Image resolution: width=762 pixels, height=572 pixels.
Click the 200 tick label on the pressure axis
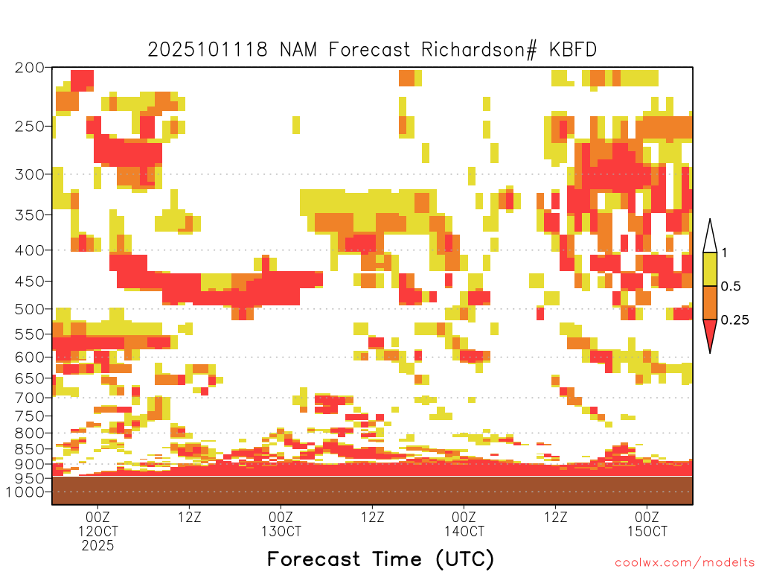(30, 68)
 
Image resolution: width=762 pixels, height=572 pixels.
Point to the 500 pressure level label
(30, 309)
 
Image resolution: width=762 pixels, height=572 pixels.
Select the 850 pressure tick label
(30, 449)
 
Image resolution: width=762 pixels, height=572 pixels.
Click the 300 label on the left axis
(30, 174)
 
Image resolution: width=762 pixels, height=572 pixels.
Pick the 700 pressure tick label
(30, 398)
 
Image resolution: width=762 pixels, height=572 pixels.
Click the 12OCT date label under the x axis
(97, 531)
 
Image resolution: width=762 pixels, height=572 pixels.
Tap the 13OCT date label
(281, 531)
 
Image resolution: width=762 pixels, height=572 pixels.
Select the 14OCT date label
(464, 531)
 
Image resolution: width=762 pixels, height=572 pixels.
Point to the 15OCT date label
(647, 531)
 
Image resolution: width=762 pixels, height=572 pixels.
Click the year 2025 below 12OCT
(97, 546)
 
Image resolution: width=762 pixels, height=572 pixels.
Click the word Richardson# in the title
(479, 50)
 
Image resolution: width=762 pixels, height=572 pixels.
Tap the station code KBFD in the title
(573, 50)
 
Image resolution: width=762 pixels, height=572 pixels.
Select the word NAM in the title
(298, 50)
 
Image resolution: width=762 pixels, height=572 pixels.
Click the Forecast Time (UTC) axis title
(380, 559)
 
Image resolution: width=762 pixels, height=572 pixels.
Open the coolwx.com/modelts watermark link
(685, 562)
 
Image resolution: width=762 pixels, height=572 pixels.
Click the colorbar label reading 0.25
(734, 320)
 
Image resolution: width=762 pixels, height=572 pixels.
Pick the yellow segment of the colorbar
(710, 269)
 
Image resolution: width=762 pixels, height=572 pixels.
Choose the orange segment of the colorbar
(710, 302)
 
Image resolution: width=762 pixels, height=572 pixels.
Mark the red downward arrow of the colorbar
(710, 333)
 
